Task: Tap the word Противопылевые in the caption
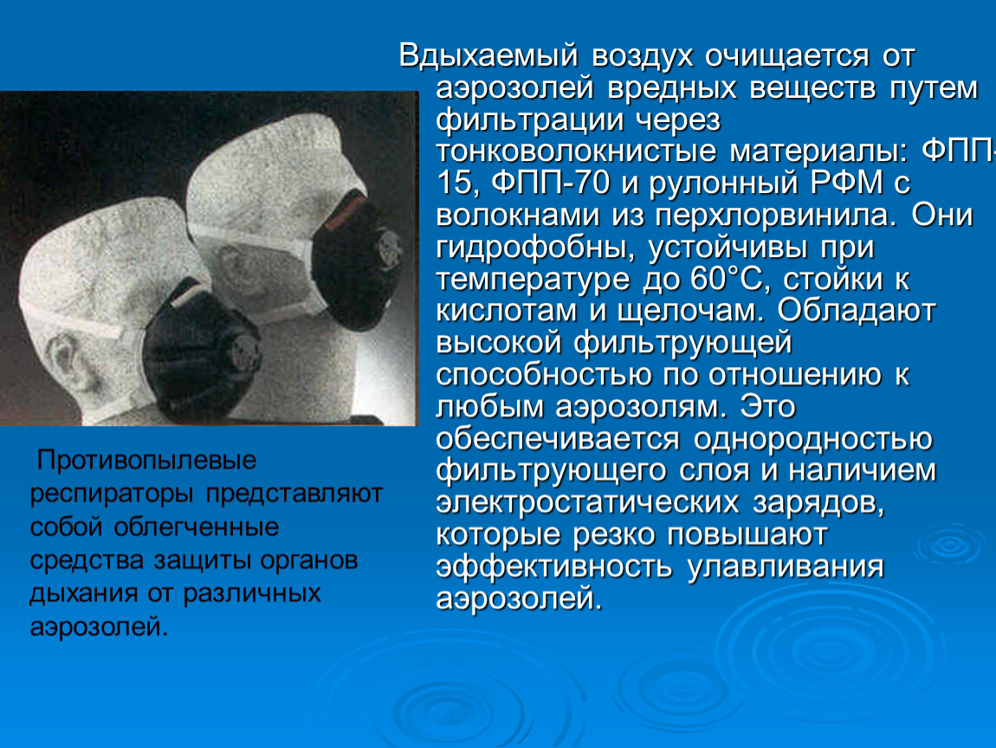pyautogui.click(x=146, y=461)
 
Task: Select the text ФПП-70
pyautogui.click(x=550, y=183)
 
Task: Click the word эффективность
pyautogui.click(x=554, y=566)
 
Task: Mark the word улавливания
pyautogui.click(x=786, y=566)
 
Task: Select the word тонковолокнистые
pyautogui.click(x=575, y=152)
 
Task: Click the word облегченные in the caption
pyautogui.click(x=197, y=527)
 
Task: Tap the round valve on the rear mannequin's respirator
pyautogui.click(x=387, y=249)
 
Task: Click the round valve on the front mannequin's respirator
pyautogui.click(x=244, y=356)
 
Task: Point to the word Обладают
pyautogui.click(x=857, y=312)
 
